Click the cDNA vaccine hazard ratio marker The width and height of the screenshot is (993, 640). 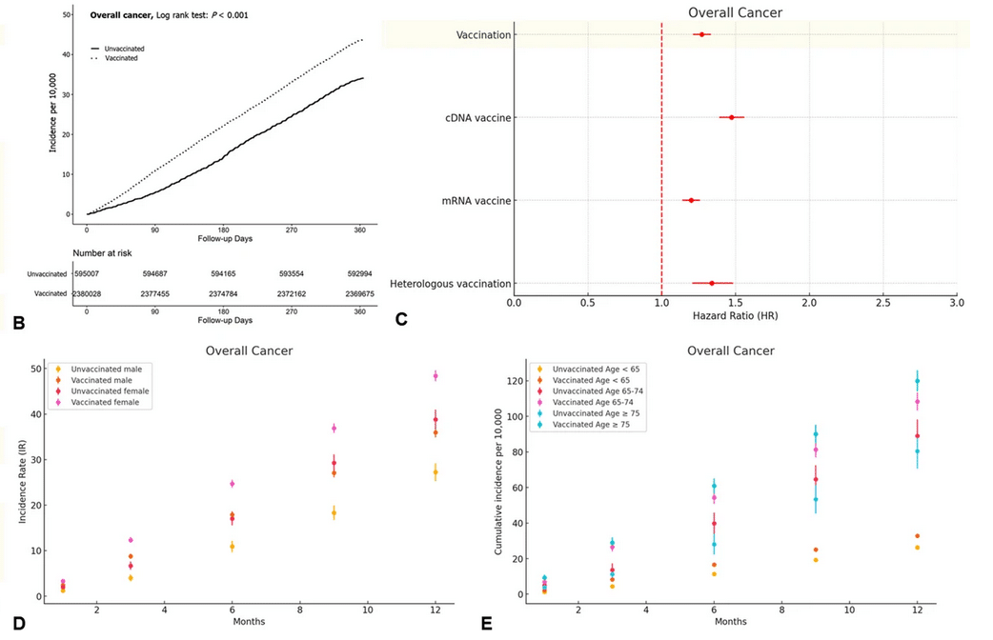pos(731,117)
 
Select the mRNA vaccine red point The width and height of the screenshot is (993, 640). pos(691,200)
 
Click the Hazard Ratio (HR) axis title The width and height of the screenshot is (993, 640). pos(735,315)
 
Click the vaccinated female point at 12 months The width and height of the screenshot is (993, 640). pos(436,375)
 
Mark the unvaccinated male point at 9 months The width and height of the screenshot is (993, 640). pos(334,512)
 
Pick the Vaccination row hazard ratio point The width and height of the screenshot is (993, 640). pos(701,34)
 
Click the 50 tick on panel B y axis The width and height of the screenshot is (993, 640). pos(65,15)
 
